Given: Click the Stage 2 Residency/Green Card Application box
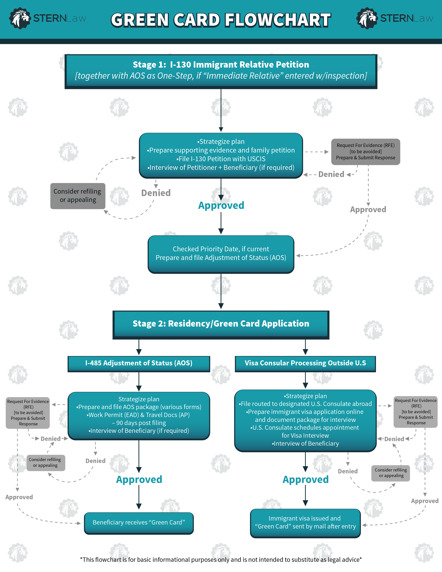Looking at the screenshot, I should click(221, 324).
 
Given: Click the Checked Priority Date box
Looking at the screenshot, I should click(221, 254).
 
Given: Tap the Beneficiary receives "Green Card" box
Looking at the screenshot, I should click(139, 522).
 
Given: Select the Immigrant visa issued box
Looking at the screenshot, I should click(305, 522).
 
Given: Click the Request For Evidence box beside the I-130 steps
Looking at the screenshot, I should click(366, 152).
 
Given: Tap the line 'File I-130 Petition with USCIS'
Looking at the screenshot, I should click(221, 159).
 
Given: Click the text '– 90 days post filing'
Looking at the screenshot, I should click(139, 423).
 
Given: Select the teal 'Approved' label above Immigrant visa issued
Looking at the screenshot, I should click(305, 480).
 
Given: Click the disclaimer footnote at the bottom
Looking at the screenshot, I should click(221, 560).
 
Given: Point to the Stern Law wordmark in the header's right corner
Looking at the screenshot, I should click(406, 19).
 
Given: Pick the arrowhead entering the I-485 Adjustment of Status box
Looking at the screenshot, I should click(139, 352).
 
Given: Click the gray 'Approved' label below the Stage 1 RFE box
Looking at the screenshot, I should click(368, 210).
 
